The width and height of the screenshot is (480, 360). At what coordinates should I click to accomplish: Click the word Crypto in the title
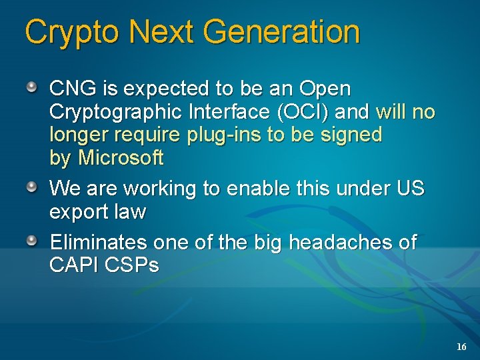(71, 33)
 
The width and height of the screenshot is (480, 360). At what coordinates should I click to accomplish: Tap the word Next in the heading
(161, 33)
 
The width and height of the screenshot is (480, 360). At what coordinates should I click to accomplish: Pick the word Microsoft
(121, 158)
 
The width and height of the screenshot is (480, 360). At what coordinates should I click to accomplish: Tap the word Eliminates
(99, 242)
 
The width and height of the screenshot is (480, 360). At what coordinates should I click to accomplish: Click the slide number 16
(461, 347)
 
